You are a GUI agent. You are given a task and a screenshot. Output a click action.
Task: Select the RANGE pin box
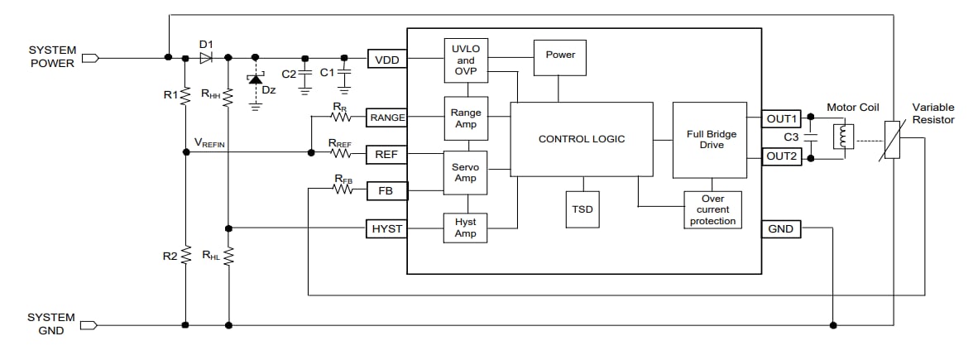(387, 118)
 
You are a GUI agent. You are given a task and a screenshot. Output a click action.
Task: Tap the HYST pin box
(387, 228)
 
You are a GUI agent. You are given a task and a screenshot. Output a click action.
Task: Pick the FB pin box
(387, 191)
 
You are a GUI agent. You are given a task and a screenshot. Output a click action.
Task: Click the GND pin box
(781, 228)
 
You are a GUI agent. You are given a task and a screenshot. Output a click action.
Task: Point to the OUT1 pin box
(781, 118)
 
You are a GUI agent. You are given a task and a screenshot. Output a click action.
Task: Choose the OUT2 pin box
(781, 156)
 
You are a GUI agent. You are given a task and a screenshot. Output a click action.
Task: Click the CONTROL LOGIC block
(582, 139)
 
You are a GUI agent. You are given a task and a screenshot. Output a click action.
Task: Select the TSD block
(582, 209)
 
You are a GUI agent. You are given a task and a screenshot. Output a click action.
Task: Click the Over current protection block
(712, 210)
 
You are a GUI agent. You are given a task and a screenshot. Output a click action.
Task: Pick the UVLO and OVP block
(466, 60)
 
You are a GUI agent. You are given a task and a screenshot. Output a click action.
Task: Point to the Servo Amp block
(466, 172)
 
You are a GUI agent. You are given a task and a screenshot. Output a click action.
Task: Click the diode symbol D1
(206, 58)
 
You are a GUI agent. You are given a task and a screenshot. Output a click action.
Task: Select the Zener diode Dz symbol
(255, 79)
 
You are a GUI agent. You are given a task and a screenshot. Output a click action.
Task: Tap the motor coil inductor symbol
(845, 137)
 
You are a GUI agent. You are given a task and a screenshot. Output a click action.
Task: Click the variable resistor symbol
(891, 139)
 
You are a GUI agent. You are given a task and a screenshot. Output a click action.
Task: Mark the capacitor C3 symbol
(813, 137)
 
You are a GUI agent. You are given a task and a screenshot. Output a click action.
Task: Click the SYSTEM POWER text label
(51, 56)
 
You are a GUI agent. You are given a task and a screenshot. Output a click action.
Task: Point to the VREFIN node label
(209, 143)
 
